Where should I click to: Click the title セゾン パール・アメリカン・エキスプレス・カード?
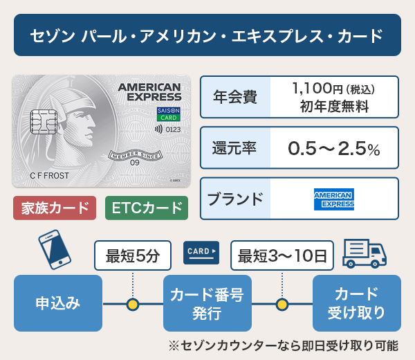pyautogui.click(x=207, y=35)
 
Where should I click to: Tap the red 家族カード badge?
pyautogui.click(x=55, y=208)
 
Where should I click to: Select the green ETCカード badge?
pyautogui.click(x=147, y=208)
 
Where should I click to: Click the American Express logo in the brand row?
pyautogui.click(x=334, y=199)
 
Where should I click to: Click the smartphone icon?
pyautogui.click(x=55, y=251)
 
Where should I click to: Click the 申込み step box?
pyautogui.click(x=58, y=303)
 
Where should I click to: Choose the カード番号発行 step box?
pyautogui.click(x=207, y=303)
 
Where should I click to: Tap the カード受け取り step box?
pyautogui.click(x=356, y=303)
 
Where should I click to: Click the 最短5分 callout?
pyautogui.click(x=132, y=255)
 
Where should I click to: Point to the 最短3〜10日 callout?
pyautogui.click(x=282, y=255)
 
